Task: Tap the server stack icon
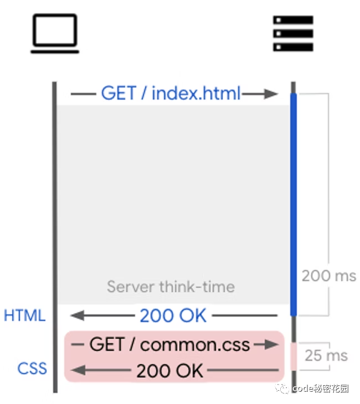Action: point(293,34)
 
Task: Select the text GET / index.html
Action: point(171,93)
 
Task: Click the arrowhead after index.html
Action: point(271,94)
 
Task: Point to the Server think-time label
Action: point(171,287)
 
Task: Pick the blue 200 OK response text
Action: point(173,315)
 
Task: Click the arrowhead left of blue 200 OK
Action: point(78,315)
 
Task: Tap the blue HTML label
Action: point(24,315)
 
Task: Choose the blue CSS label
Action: point(32,369)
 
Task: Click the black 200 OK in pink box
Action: point(169,370)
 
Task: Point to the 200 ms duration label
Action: point(329,276)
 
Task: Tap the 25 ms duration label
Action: point(326,355)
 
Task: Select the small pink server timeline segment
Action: point(294,357)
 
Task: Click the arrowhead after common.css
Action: point(271,345)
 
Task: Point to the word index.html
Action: point(196,93)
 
